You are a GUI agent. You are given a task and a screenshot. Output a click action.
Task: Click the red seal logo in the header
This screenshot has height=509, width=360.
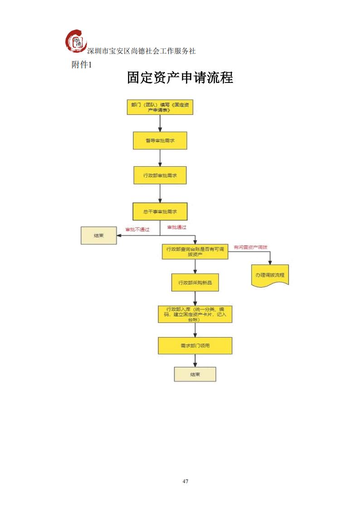[76, 42]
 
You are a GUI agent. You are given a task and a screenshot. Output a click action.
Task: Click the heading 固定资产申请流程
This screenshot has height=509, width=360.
[180, 78]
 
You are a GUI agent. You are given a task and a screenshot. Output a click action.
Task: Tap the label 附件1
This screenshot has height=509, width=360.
[82, 65]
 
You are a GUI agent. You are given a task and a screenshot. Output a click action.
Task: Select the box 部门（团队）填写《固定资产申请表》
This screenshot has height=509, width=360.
[160, 107]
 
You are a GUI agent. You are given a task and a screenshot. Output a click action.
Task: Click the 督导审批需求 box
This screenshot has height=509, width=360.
[160, 141]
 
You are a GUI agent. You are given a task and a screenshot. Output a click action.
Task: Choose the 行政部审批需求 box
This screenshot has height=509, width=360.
[160, 175]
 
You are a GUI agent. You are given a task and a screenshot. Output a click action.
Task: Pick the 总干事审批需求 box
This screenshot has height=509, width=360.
[160, 212]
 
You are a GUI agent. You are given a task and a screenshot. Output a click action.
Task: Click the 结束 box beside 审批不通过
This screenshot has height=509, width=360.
[98, 236]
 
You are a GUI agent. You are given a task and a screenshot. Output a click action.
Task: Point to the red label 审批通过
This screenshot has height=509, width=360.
[177, 227]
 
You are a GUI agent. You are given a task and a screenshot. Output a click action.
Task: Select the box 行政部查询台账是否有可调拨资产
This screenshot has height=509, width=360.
[195, 252]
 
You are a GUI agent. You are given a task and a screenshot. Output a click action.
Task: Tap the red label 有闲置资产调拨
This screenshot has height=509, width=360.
[250, 247]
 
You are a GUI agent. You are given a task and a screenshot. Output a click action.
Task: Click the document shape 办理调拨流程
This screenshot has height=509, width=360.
[270, 275]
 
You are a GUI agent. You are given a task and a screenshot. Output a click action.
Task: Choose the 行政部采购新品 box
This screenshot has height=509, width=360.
[195, 282]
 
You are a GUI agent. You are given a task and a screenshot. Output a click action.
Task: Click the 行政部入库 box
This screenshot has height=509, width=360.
[195, 314]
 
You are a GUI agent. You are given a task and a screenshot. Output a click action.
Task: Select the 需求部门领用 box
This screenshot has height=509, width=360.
[195, 345]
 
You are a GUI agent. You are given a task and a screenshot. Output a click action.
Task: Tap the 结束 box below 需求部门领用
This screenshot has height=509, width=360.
[195, 374]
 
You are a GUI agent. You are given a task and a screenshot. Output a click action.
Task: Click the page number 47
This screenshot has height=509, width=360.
[185, 481]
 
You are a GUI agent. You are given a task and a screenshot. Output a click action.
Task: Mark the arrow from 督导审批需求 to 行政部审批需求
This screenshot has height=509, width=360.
[160, 158]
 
